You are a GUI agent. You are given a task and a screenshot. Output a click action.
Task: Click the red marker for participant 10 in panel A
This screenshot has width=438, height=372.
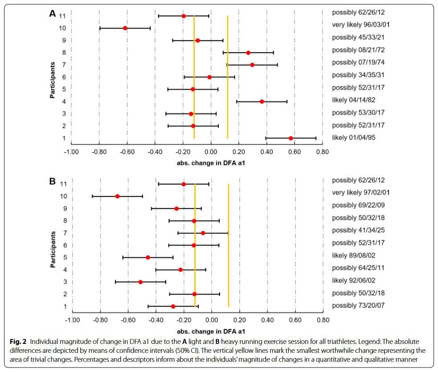[x=125, y=28]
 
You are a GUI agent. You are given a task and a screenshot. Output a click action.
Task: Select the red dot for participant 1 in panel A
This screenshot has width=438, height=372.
[x=291, y=138]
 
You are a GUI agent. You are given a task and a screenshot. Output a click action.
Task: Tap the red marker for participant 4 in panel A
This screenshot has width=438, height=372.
[x=262, y=102]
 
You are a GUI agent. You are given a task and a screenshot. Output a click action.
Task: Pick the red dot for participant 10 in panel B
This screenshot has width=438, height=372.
[x=118, y=196]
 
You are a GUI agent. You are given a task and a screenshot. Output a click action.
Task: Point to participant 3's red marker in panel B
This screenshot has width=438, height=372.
[x=140, y=282]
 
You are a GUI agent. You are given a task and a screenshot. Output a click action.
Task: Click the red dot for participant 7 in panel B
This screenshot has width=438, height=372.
[x=203, y=233]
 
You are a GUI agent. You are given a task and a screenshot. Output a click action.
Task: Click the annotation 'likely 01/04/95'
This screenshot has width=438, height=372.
[x=353, y=137]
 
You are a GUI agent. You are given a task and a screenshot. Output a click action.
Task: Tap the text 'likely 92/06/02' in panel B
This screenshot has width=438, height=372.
[x=354, y=281]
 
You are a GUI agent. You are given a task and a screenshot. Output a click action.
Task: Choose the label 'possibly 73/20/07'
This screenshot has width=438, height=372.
[x=358, y=305]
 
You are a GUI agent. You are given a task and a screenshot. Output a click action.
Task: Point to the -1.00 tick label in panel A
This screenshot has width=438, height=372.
[x=71, y=152]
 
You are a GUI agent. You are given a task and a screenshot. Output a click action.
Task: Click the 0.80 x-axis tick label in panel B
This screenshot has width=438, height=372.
[x=323, y=320]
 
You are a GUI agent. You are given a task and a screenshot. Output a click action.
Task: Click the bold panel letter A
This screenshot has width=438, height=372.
[x=53, y=14]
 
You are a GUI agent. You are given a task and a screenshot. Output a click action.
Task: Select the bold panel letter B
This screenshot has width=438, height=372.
[x=53, y=182]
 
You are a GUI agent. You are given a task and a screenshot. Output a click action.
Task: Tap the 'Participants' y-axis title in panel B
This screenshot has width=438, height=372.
[x=52, y=249]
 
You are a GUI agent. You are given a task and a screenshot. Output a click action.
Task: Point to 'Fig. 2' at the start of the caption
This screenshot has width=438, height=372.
[x=17, y=341]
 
